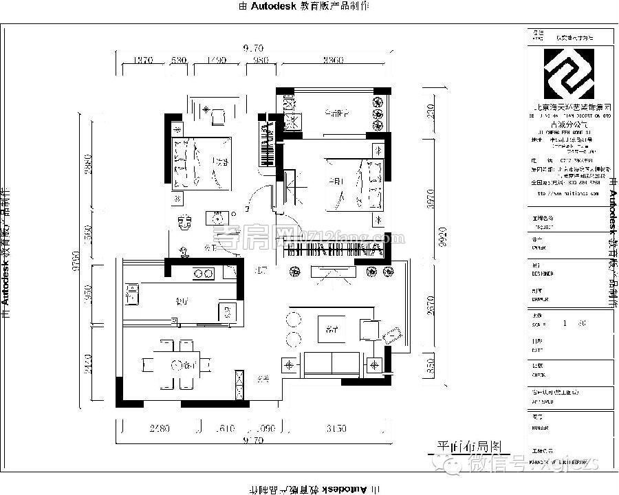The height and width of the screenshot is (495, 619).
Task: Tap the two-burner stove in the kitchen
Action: (x=203, y=274)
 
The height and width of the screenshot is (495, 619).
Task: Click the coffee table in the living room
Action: (x=332, y=329)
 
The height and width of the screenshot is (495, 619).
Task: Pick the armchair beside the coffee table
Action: (x=370, y=329)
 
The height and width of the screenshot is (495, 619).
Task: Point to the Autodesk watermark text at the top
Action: (x=303, y=6)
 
